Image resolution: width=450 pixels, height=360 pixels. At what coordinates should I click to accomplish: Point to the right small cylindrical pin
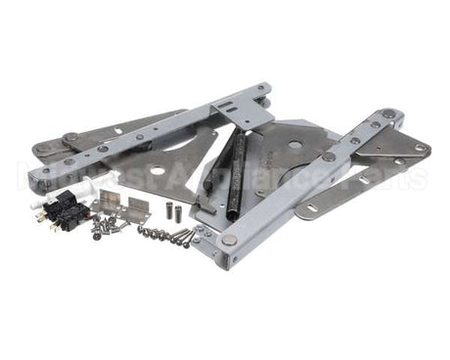pos(180,207)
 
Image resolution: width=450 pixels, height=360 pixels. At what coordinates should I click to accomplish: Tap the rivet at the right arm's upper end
pos(389,114)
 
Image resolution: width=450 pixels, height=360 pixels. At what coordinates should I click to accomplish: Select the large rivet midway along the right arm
pos(329,157)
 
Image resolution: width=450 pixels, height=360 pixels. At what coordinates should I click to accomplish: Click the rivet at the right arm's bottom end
pos(229,241)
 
